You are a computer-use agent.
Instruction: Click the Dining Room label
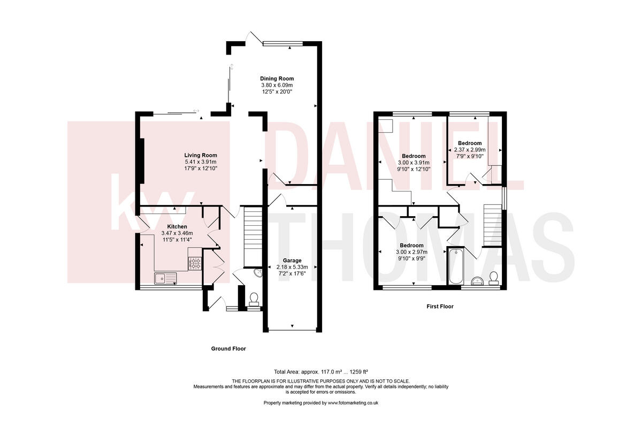(x=277, y=79)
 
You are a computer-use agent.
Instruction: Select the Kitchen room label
(x=177, y=226)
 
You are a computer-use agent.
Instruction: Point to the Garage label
(x=292, y=261)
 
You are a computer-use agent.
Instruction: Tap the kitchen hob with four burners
(x=195, y=263)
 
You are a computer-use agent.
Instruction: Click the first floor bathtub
(x=455, y=266)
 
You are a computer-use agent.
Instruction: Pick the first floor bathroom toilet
(x=493, y=277)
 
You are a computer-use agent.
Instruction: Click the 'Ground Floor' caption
(x=228, y=348)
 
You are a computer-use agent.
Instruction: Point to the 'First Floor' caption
(x=440, y=307)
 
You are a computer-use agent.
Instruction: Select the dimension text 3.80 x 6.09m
(x=277, y=85)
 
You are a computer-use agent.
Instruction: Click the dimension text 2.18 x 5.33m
(x=292, y=267)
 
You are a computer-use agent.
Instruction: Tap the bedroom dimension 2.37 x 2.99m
(x=469, y=150)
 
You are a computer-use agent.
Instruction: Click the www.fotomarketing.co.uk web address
(x=353, y=402)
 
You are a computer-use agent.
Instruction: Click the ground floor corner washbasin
(x=258, y=273)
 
